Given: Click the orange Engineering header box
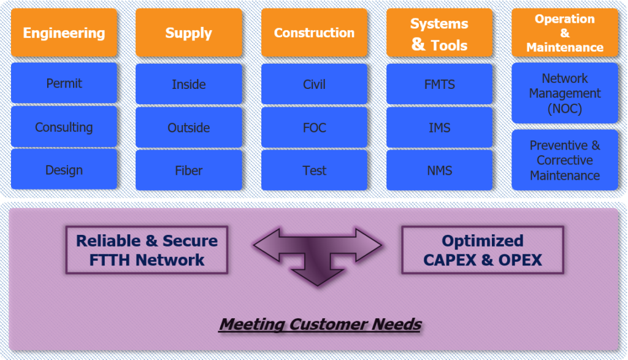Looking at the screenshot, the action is [x=64, y=33].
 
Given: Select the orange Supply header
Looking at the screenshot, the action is [x=189, y=33].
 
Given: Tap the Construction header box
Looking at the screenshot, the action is [x=314, y=33].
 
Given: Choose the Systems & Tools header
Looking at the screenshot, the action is [x=439, y=33].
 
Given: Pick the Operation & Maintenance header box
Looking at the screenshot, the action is [x=565, y=33].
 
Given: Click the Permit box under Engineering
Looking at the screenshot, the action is [x=64, y=83].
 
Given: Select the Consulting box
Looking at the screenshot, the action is [x=64, y=127].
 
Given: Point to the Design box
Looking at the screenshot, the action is [x=64, y=169].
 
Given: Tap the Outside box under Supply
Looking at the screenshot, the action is [x=189, y=128].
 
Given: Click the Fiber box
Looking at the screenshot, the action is [x=189, y=170].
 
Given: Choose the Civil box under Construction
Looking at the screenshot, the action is [x=314, y=84].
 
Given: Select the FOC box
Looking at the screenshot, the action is [x=314, y=128].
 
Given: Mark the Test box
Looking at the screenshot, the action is [x=314, y=170].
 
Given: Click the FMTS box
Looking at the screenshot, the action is [x=439, y=84].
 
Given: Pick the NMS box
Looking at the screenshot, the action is [x=439, y=170].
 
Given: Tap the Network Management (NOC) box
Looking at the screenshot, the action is [x=565, y=93].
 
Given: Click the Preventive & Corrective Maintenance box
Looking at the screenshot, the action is [x=565, y=160].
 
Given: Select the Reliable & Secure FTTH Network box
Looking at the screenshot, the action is [x=147, y=250].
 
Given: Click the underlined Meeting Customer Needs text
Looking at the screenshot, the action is [x=320, y=324].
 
